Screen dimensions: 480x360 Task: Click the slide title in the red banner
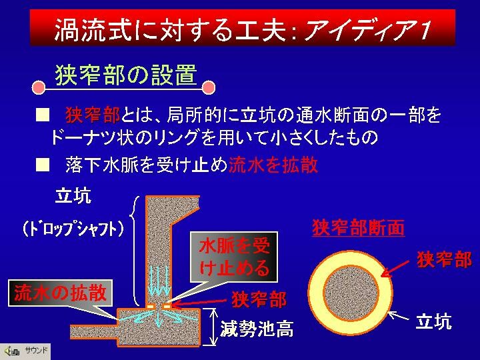243,29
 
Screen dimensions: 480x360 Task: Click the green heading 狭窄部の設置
126,75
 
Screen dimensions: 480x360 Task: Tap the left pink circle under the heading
39,87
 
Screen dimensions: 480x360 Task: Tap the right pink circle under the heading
209,87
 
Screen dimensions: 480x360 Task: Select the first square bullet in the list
42,115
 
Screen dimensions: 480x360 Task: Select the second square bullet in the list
42,165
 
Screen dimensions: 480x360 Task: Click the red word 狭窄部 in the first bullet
93,115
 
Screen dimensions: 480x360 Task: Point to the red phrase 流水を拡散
273,165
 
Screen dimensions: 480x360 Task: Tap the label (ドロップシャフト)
73,229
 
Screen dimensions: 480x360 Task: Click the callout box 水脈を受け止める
234,257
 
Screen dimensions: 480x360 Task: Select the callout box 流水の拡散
60,293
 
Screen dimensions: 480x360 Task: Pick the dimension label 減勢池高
257,329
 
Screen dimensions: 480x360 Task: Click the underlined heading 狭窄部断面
359,228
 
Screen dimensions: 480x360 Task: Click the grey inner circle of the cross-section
351,293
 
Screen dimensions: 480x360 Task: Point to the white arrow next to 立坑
399,315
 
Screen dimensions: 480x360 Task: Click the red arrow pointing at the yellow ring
396,269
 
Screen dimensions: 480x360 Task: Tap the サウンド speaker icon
11,351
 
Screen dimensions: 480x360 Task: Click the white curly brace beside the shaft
134,251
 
